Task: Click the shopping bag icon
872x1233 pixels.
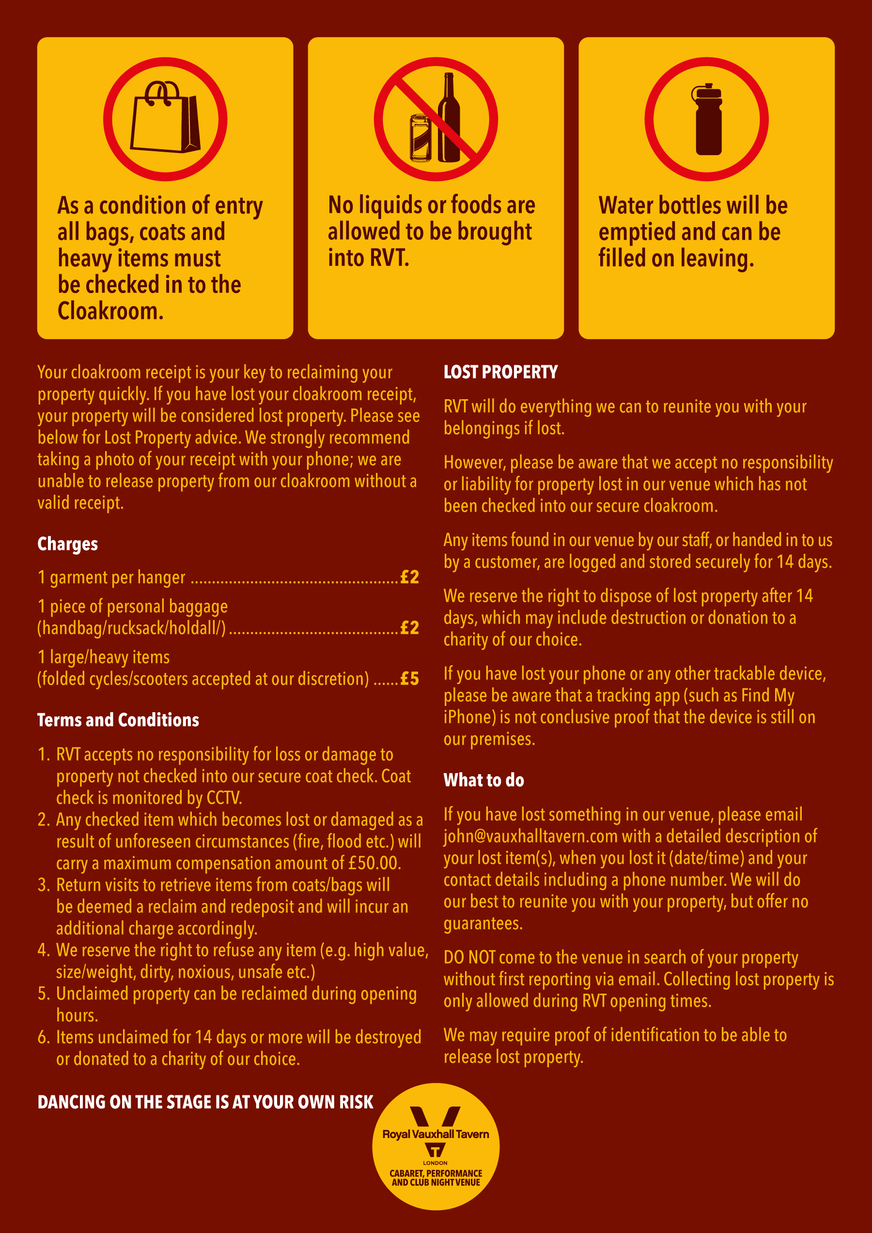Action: [165, 118]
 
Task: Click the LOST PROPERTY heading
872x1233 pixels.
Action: [500, 372]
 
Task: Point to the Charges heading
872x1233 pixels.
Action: [68, 544]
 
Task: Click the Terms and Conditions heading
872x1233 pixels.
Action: [118, 719]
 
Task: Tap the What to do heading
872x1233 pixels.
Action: [484, 780]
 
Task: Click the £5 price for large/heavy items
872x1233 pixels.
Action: [410, 678]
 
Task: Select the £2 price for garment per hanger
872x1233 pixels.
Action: [410, 577]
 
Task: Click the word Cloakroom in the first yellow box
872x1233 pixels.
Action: [110, 311]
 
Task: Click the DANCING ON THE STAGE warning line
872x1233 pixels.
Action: [205, 1102]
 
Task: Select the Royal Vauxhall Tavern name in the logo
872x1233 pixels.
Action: [436, 1134]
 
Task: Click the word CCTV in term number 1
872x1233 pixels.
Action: [224, 798]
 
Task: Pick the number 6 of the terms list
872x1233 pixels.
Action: [44, 1037]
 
